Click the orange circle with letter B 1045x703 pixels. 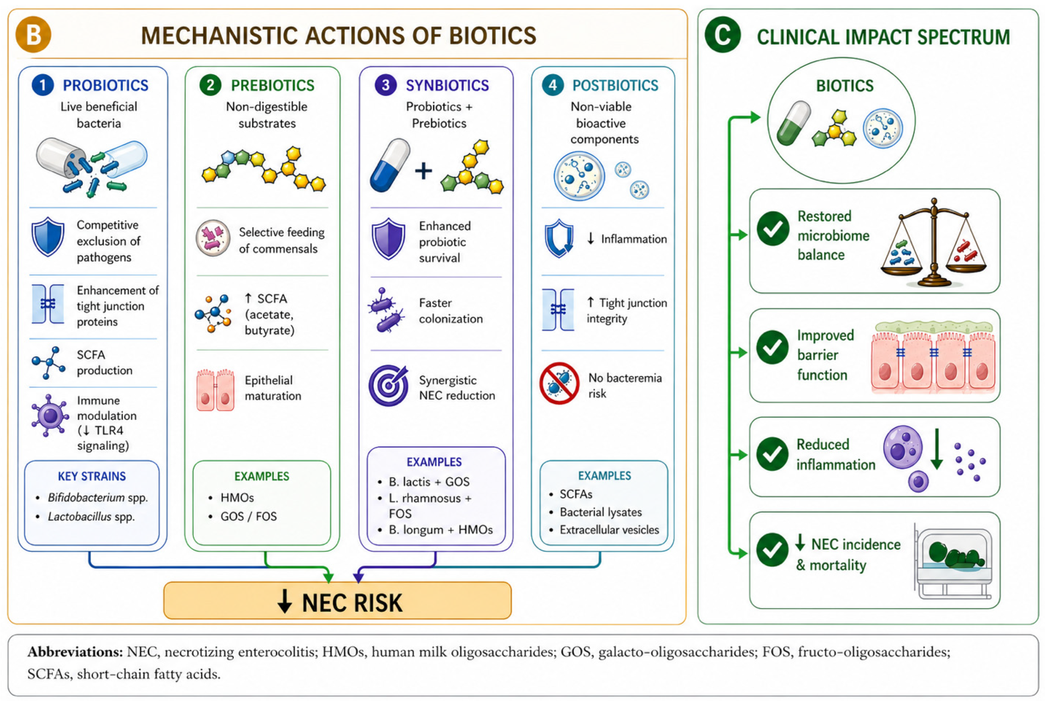pyautogui.click(x=33, y=34)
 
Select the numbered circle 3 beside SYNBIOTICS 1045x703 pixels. pyautogui.click(x=385, y=85)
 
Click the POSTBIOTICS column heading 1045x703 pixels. pyautogui.click(x=615, y=85)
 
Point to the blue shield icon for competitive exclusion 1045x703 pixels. pyautogui.click(x=48, y=237)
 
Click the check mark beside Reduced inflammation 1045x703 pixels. pyautogui.click(x=772, y=454)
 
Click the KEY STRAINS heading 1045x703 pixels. pyautogui.click(x=92, y=476)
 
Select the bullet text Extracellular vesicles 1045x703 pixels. pyautogui.click(x=609, y=530)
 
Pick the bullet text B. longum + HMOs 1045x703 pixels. pyautogui.click(x=441, y=530)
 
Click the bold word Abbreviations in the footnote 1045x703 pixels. pyautogui.click(x=75, y=652)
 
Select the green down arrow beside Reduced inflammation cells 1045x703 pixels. pyautogui.click(x=936, y=449)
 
